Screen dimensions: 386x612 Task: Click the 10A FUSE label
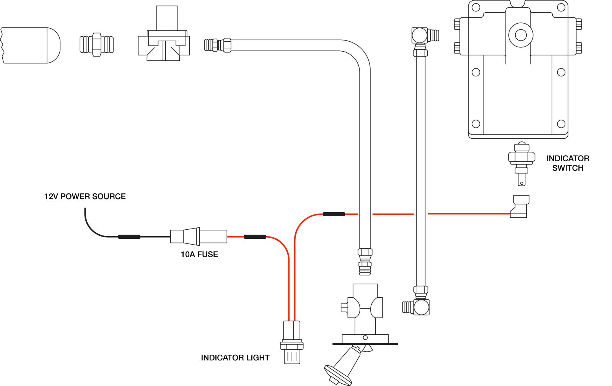click(199, 255)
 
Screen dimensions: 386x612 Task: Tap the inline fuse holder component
click(199, 237)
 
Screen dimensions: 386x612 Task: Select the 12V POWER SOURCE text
click(85, 196)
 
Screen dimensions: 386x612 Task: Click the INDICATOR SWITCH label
click(568, 163)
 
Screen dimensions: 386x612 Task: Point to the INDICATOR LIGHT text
click(235, 358)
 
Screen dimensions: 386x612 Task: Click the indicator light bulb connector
click(292, 342)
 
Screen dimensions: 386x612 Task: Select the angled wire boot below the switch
click(519, 207)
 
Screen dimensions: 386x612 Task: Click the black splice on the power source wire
click(129, 237)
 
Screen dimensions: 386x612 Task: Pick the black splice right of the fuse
click(255, 237)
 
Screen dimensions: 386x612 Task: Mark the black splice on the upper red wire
click(334, 214)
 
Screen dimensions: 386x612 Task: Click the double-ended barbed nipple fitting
click(96, 45)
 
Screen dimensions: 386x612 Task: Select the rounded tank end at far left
click(31, 45)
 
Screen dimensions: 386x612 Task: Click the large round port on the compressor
click(521, 35)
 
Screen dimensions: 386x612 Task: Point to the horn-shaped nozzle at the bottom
click(342, 367)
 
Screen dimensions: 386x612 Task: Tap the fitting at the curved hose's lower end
click(365, 261)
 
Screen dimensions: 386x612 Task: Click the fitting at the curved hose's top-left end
click(218, 45)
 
